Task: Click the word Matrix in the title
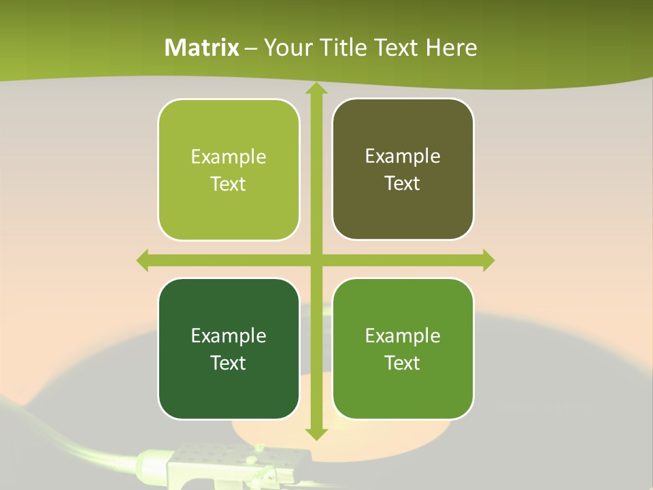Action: (202, 48)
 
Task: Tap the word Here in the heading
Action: (451, 48)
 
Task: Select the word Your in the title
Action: (286, 48)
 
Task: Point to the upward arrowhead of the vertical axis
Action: (316, 89)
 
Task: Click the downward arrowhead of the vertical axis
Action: (316, 433)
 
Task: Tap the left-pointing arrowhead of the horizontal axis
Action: (143, 260)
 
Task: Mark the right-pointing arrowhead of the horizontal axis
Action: (488, 260)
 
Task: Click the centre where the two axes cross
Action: (316, 260)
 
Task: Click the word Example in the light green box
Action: (229, 157)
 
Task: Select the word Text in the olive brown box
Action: (403, 184)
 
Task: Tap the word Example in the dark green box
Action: (229, 336)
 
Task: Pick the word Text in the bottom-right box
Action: (403, 363)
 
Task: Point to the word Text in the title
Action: (394, 48)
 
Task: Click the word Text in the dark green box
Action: (229, 363)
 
